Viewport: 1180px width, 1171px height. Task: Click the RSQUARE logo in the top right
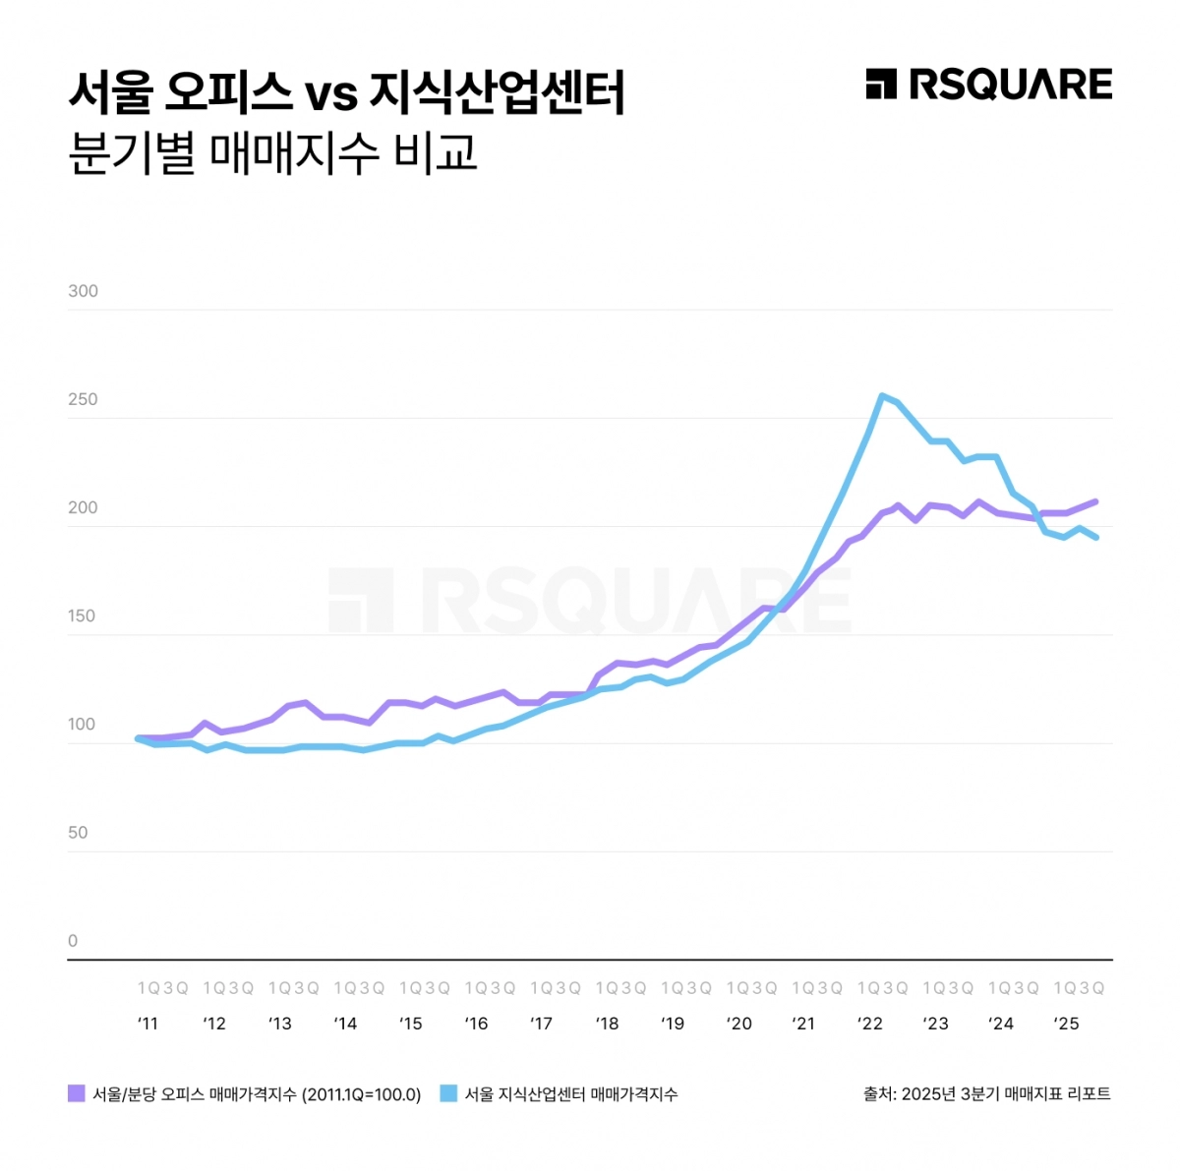coord(988,85)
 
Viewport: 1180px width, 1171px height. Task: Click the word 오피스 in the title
coord(228,93)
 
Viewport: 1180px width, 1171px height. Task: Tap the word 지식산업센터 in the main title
coord(498,93)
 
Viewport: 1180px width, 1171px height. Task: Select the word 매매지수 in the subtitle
coord(294,152)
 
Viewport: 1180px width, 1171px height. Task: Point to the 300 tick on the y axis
coord(84,291)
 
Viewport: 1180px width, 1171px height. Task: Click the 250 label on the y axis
coord(84,399)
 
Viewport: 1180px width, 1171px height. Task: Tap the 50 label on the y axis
coord(79,832)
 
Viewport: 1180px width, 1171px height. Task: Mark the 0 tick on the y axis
coord(73,940)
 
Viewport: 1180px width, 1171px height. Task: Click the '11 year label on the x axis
coord(147,1024)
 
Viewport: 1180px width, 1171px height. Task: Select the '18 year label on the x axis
coord(607,1024)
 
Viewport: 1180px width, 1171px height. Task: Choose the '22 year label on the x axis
coord(869,1024)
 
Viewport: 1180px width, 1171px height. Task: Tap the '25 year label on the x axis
coord(1066,1024)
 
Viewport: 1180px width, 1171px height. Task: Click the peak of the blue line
coord(882,395)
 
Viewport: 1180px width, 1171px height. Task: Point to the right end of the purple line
coord(1095,501)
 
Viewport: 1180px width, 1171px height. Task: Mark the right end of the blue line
coord(1095,537)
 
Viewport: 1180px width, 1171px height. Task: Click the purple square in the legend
coord(77,1093)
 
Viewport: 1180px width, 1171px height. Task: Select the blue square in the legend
coord(449,1093)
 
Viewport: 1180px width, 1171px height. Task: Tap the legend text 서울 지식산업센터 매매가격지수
coord(571,1094)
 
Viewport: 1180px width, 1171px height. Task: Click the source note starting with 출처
coord(986,1093)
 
